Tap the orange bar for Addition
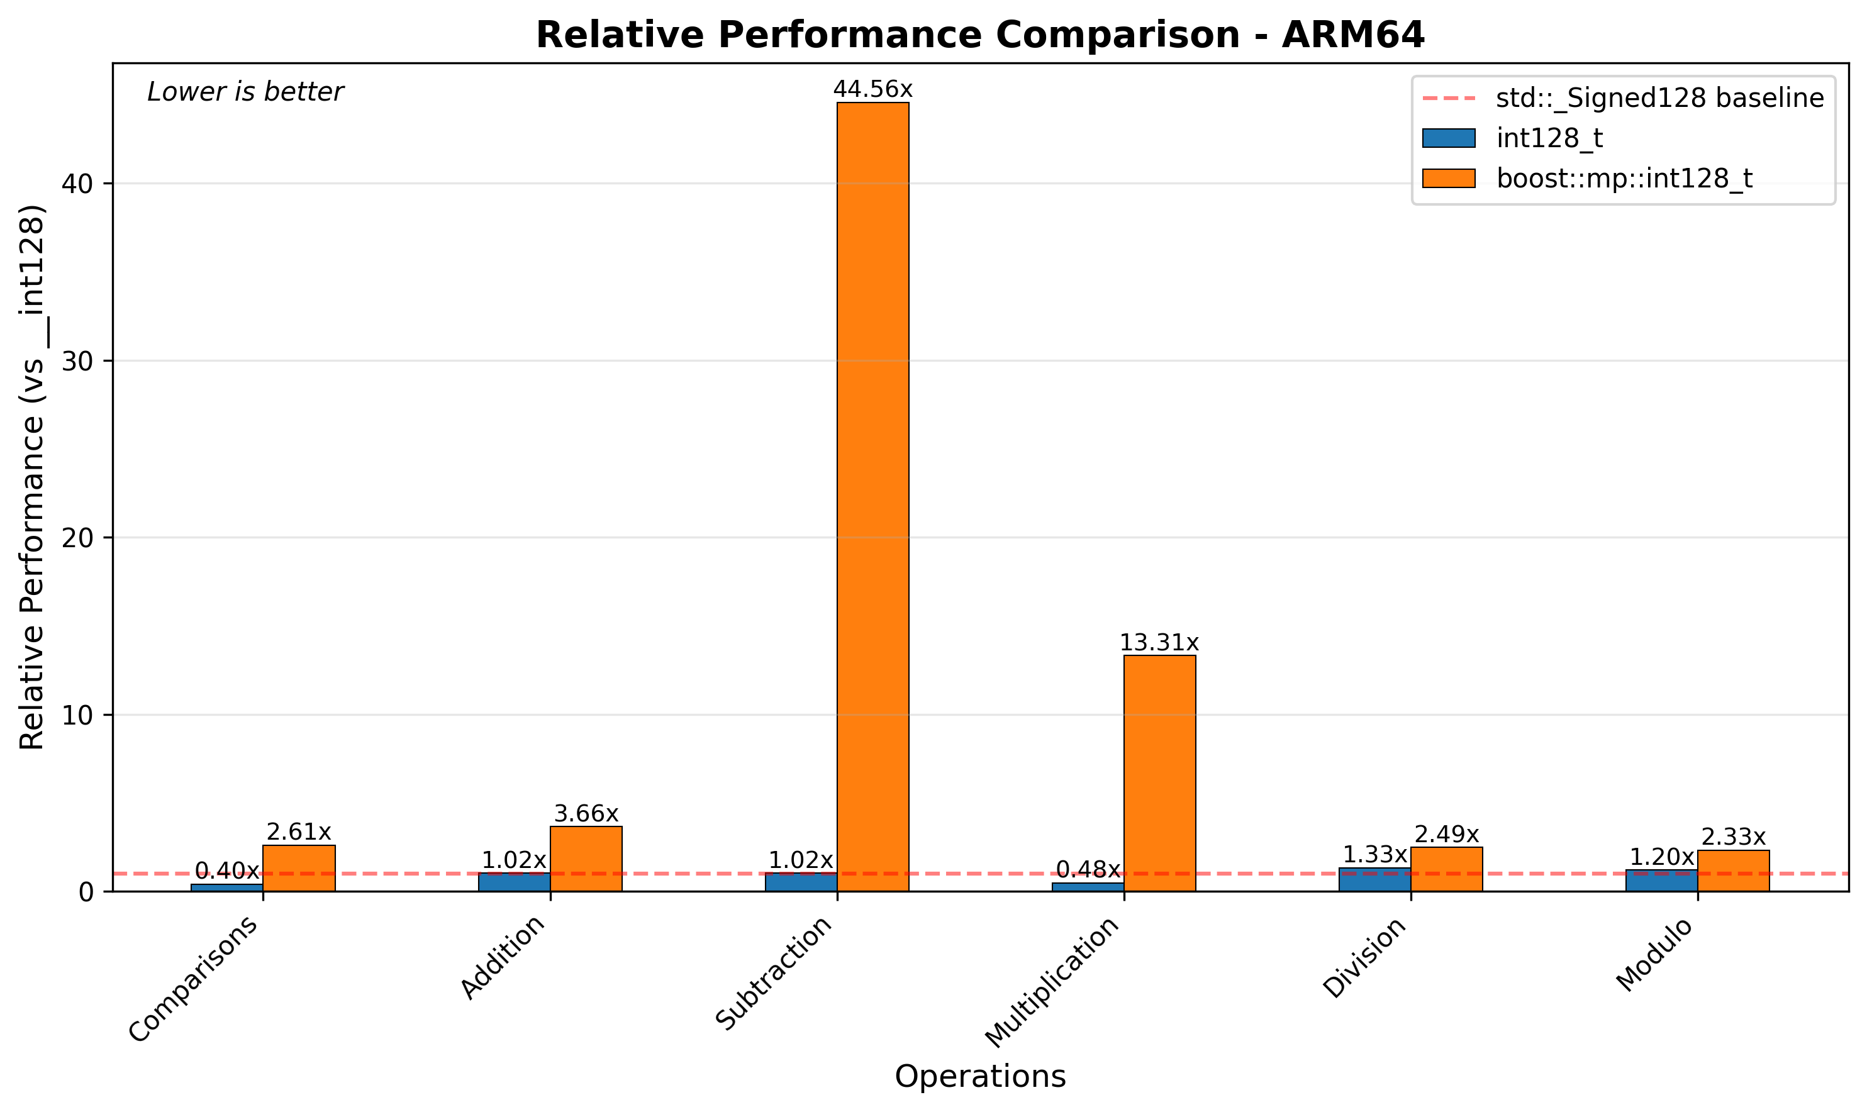click(x=586, y=858)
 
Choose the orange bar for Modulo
click(x=1733, y=870)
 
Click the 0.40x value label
click(x=227, y=870)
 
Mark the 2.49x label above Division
click(x=1446, y=834)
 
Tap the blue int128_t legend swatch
click(x=1448, y=138)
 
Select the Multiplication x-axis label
click(x=1052, y=982)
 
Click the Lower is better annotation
click(x=245, y=92)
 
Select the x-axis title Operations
click(x=979, y=1077)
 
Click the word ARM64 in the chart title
click(x=1352, y=35)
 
